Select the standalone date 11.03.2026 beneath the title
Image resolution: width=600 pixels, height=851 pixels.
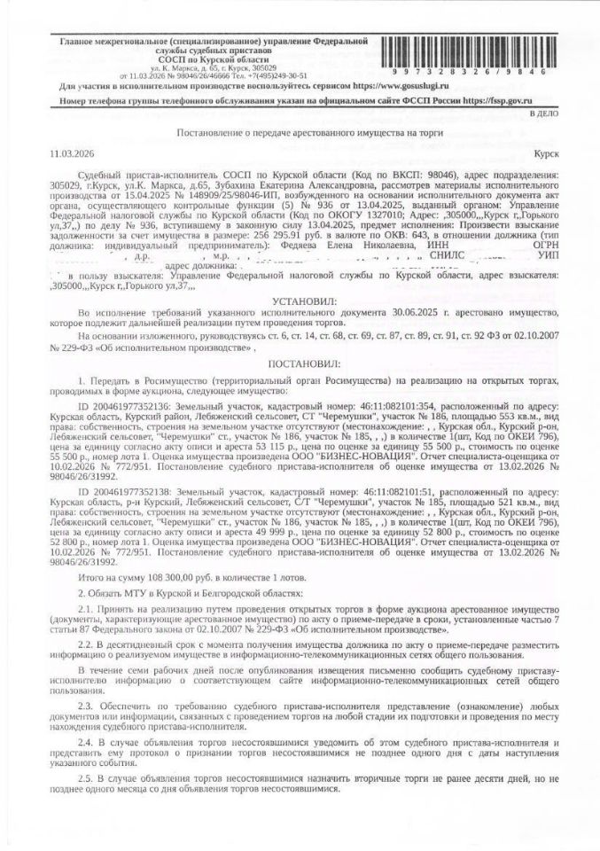pos(74,152)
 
